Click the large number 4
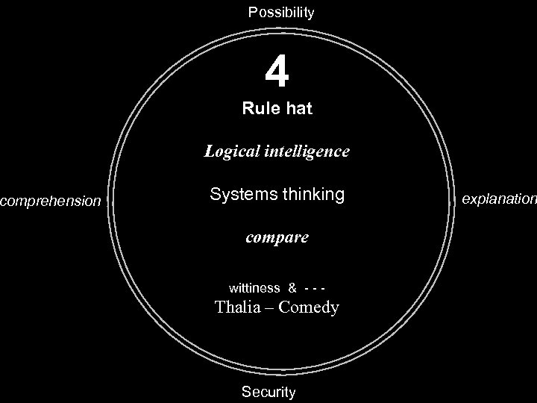click(277, 72)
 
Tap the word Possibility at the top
click(281, 13)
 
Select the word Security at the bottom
click(268, 392)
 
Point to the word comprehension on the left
click(51, 201)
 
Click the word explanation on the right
click(499, 199)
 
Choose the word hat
click(298, 109)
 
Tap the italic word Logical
click(232, 151)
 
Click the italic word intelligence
click(306, 151)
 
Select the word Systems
click(237, 195)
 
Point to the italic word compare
click(277, 238)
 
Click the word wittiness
click(254, 288)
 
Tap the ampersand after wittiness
click(292, 288)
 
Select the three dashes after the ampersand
click(315, 288)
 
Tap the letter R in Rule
click(248, 109)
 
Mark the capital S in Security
click(246, 392)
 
